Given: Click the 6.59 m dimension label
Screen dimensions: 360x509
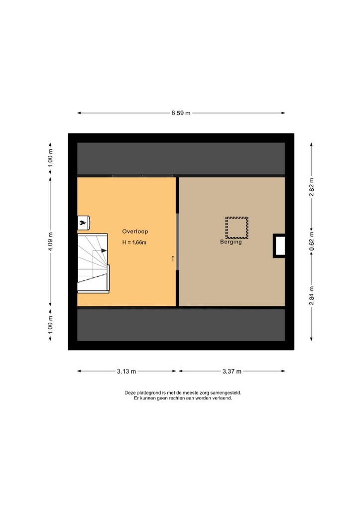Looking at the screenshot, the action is [181, 113].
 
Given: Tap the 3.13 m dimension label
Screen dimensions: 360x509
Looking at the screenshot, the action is [126, 372].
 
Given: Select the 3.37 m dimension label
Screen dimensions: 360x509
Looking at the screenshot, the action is [232, 372].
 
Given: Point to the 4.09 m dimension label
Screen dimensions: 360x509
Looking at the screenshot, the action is [50, 242].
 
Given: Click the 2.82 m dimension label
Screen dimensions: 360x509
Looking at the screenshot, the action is [311, 187].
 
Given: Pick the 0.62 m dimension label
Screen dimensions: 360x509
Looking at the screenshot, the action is [311, 242].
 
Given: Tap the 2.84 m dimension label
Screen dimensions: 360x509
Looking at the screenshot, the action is [311, 295].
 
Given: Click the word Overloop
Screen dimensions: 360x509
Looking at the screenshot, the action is [135, 232].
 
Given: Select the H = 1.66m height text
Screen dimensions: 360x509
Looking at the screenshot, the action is [134, 242].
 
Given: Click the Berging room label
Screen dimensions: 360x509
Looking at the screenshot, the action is [231, 242].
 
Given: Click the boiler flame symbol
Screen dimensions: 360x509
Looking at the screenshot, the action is [83, 223].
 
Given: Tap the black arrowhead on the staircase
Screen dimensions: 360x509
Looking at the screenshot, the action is [104, 251].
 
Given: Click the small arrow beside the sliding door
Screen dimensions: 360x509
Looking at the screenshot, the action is [173, 258].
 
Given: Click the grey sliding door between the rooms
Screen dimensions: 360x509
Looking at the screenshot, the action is [177, 242].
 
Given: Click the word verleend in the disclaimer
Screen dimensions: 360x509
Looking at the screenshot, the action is [223, 398].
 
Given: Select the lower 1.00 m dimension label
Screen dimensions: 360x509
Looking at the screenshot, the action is [50, 325].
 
